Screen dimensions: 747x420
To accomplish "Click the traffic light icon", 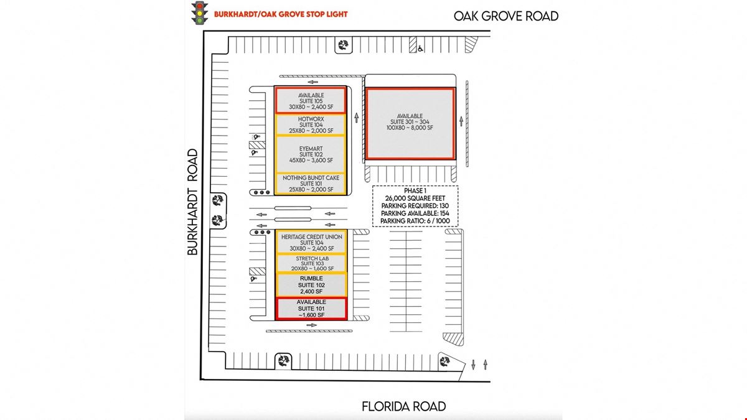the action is coord(199,13).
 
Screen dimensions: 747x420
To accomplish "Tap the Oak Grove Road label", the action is coord(506,16).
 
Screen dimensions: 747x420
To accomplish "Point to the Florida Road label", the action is coord(403,406).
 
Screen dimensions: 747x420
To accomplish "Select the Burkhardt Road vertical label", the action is coord(192,202).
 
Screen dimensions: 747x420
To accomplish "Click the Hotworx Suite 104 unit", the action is coord(311,124).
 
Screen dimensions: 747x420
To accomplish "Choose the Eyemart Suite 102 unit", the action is coord(311,154).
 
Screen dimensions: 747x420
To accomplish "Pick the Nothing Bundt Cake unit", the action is coord(311,184).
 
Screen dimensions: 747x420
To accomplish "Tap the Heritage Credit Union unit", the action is coord(311,242).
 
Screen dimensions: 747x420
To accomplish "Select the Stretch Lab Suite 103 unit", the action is coord(311,263).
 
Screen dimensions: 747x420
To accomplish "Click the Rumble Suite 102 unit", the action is coord(311,285).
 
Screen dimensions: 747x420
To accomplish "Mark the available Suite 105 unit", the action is coord(311,100).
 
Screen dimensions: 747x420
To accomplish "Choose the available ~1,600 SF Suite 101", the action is coord(311,309).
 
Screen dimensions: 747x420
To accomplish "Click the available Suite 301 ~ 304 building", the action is coord(410,124).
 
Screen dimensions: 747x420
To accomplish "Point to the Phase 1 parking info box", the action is coord(415,206).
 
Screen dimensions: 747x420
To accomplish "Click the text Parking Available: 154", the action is coord(415,213).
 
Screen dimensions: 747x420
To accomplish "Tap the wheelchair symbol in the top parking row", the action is coord(421,49).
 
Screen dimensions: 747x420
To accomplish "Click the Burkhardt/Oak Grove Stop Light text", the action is coord(281,14).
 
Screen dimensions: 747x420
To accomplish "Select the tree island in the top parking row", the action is coord(344,45).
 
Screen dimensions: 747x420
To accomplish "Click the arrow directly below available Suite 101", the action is coord(311,325).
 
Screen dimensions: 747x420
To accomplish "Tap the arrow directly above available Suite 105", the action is coord(312,82).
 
